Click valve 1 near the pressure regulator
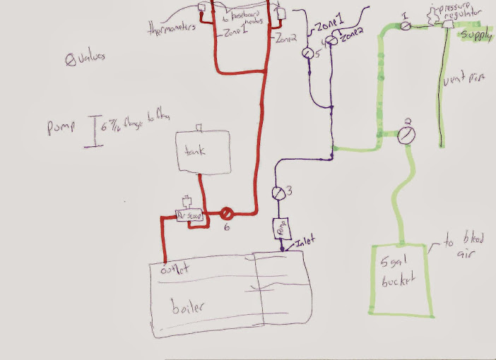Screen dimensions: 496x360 (x=405, y=25)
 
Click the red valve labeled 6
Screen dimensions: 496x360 (x=228, y=212)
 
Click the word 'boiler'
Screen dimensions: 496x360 (x=188, y=308)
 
